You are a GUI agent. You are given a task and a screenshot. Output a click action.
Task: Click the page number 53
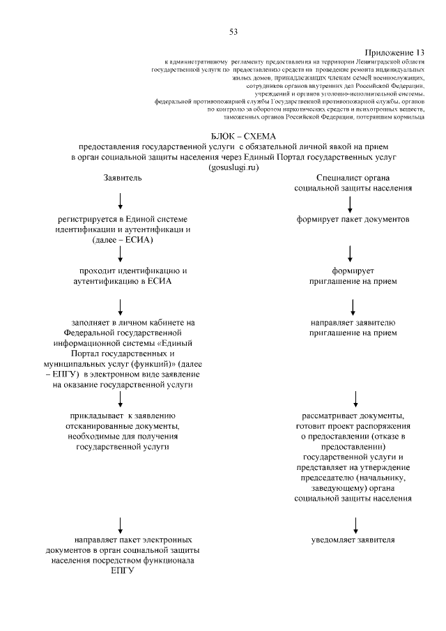pyautogui.click(x=233, y=31)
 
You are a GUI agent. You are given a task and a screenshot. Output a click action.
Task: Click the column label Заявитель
pyautogui.click(x=123, y=178)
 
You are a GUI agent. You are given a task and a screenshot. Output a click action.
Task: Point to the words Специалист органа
pyautogui.click(x=353, y=178)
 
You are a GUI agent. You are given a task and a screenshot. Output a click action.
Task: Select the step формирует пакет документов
pyautogui.click(x=353, y=219)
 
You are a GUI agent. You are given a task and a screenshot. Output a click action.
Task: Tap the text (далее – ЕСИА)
pyautogui.click(x=122, y=239)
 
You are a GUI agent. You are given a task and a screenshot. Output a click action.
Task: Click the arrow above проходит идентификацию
pyautogui.click(x=121, y=254)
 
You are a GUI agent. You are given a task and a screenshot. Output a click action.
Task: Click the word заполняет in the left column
pyautogui.click(x=83, y=322)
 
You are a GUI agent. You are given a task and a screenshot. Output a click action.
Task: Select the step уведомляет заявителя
pyautogui.click(x=353, y=540)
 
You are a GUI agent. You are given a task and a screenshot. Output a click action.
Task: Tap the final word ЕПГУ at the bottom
pyautogui.click(x=122, y=570)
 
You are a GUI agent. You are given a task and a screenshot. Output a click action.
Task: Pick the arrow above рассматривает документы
pyautogui.click(x=356, y=399)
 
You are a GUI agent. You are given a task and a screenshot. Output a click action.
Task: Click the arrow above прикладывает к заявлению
pyautogui.click(x=121, y=399)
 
